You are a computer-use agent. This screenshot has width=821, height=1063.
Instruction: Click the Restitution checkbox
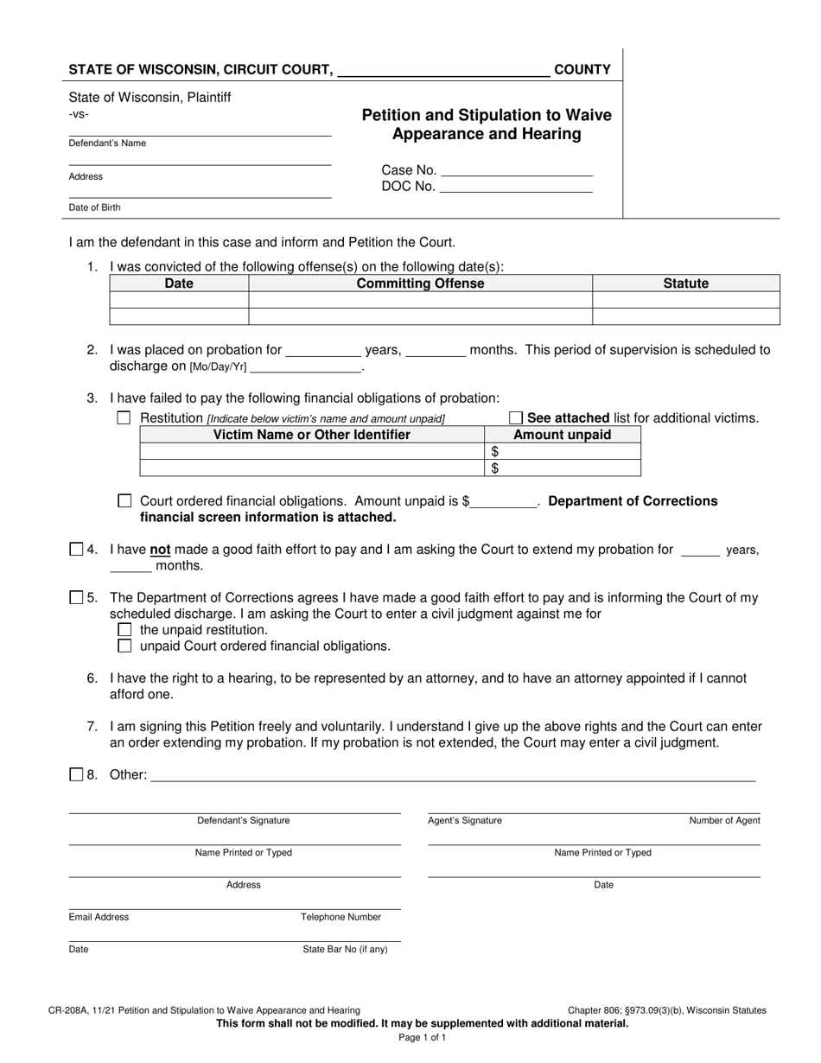(x=124, y=418)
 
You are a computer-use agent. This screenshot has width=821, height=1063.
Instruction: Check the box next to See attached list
(x=516, y=418)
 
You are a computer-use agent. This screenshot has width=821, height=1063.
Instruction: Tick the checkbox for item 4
(x=76, y=549)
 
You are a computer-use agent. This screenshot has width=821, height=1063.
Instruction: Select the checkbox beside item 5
(x=76, y=597)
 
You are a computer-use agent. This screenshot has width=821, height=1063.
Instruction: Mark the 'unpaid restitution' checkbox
(x=124, y=629)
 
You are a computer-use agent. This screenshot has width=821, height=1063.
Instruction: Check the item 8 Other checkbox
(x=76, y=774)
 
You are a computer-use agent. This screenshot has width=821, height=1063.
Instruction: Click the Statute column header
(x=685, y=283)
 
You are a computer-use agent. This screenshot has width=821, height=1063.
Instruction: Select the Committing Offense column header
(x=421, y=283)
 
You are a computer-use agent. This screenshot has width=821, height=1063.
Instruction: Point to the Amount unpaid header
(x=562, y=435)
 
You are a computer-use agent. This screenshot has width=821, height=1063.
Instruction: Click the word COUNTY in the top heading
(x=582, y=70)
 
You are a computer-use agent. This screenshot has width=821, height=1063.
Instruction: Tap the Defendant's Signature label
(x=244, y=820)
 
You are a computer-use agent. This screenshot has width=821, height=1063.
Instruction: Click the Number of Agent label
(x=724, y=820)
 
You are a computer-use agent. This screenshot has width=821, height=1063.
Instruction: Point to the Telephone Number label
(x=340, y=917)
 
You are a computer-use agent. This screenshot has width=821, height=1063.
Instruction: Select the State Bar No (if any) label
(x=345, y=949)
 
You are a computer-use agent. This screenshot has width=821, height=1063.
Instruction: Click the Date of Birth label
(x=95, y=207)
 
